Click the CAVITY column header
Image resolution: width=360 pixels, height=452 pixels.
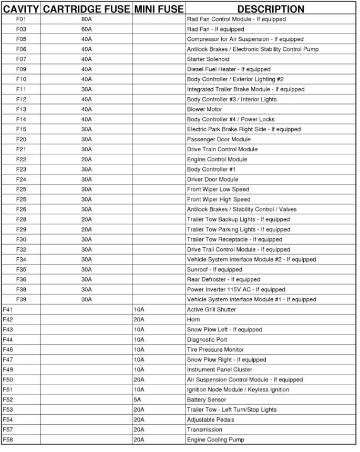(20, 9)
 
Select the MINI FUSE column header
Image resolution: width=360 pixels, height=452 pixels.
(159, 9)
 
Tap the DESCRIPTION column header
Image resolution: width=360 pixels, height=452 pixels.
(270, 9)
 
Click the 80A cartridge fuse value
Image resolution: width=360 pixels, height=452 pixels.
(86, 19)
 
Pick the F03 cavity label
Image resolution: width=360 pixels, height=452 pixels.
(21, 29)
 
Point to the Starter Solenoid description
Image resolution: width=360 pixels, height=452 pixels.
(208, 59)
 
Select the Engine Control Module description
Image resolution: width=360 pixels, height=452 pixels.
(217, 159)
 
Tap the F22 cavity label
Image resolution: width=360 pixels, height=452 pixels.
(21, 159)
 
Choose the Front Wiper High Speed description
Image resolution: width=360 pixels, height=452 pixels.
(219, 199)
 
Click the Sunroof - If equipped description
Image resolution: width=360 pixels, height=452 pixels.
(214, 269)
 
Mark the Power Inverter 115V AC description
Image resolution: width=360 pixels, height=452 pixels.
(236, 289)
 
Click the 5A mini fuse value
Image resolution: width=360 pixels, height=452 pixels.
(137, 400)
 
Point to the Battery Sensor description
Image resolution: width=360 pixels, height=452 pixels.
(207, 400)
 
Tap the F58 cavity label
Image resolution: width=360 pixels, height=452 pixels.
(8, 439)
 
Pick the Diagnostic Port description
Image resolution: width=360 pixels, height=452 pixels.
(207, 340)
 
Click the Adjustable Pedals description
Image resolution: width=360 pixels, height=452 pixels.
(210, 419)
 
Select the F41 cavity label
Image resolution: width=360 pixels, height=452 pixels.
(8, 310)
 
